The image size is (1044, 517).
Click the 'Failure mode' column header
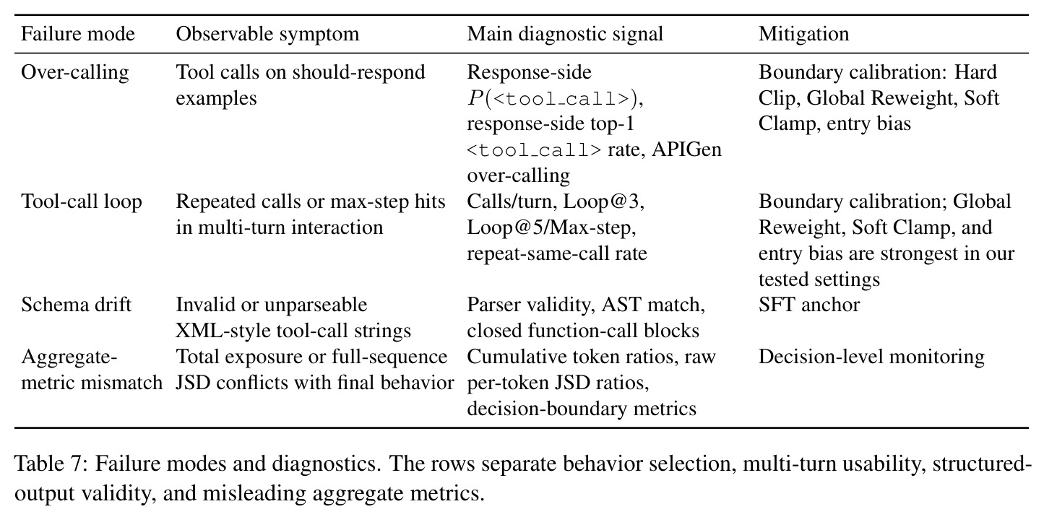tap(78, 34)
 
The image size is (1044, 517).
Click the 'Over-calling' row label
tap(75, 73)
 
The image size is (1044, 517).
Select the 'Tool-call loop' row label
tap(82, 201)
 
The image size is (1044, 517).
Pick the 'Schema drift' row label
tap(77, 305)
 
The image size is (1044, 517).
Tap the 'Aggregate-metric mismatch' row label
tap(92, 370)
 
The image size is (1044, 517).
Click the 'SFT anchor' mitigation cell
tap(809, 305)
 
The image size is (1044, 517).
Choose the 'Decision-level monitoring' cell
tap(871, 357)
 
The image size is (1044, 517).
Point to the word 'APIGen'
tap(686, 149)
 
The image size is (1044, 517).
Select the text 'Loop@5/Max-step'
tap(551, 227)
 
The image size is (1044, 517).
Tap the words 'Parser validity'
tap(530, 305)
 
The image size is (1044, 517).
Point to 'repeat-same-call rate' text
tap(557, 254)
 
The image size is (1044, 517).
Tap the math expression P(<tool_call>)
tap(555, 98)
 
